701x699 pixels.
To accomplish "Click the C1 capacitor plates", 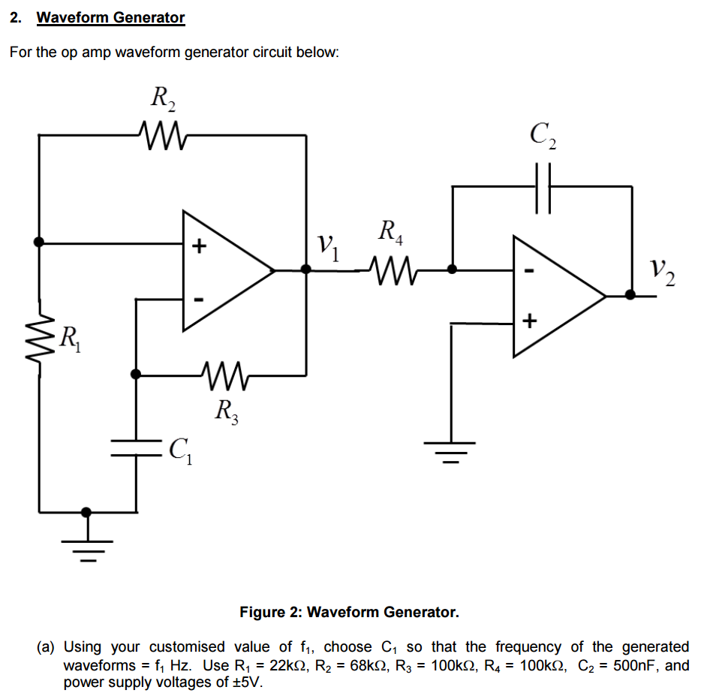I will click(x=136, y=448).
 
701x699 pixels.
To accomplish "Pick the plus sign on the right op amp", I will click(x=529, y=323).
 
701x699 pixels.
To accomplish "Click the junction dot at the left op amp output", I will click(x=305, y=269).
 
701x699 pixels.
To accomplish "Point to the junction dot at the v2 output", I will click(x=630, y=295).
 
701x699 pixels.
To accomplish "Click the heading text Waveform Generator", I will click(x=110, y=17).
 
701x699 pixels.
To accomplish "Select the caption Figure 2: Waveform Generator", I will click(x=349, y=612).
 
